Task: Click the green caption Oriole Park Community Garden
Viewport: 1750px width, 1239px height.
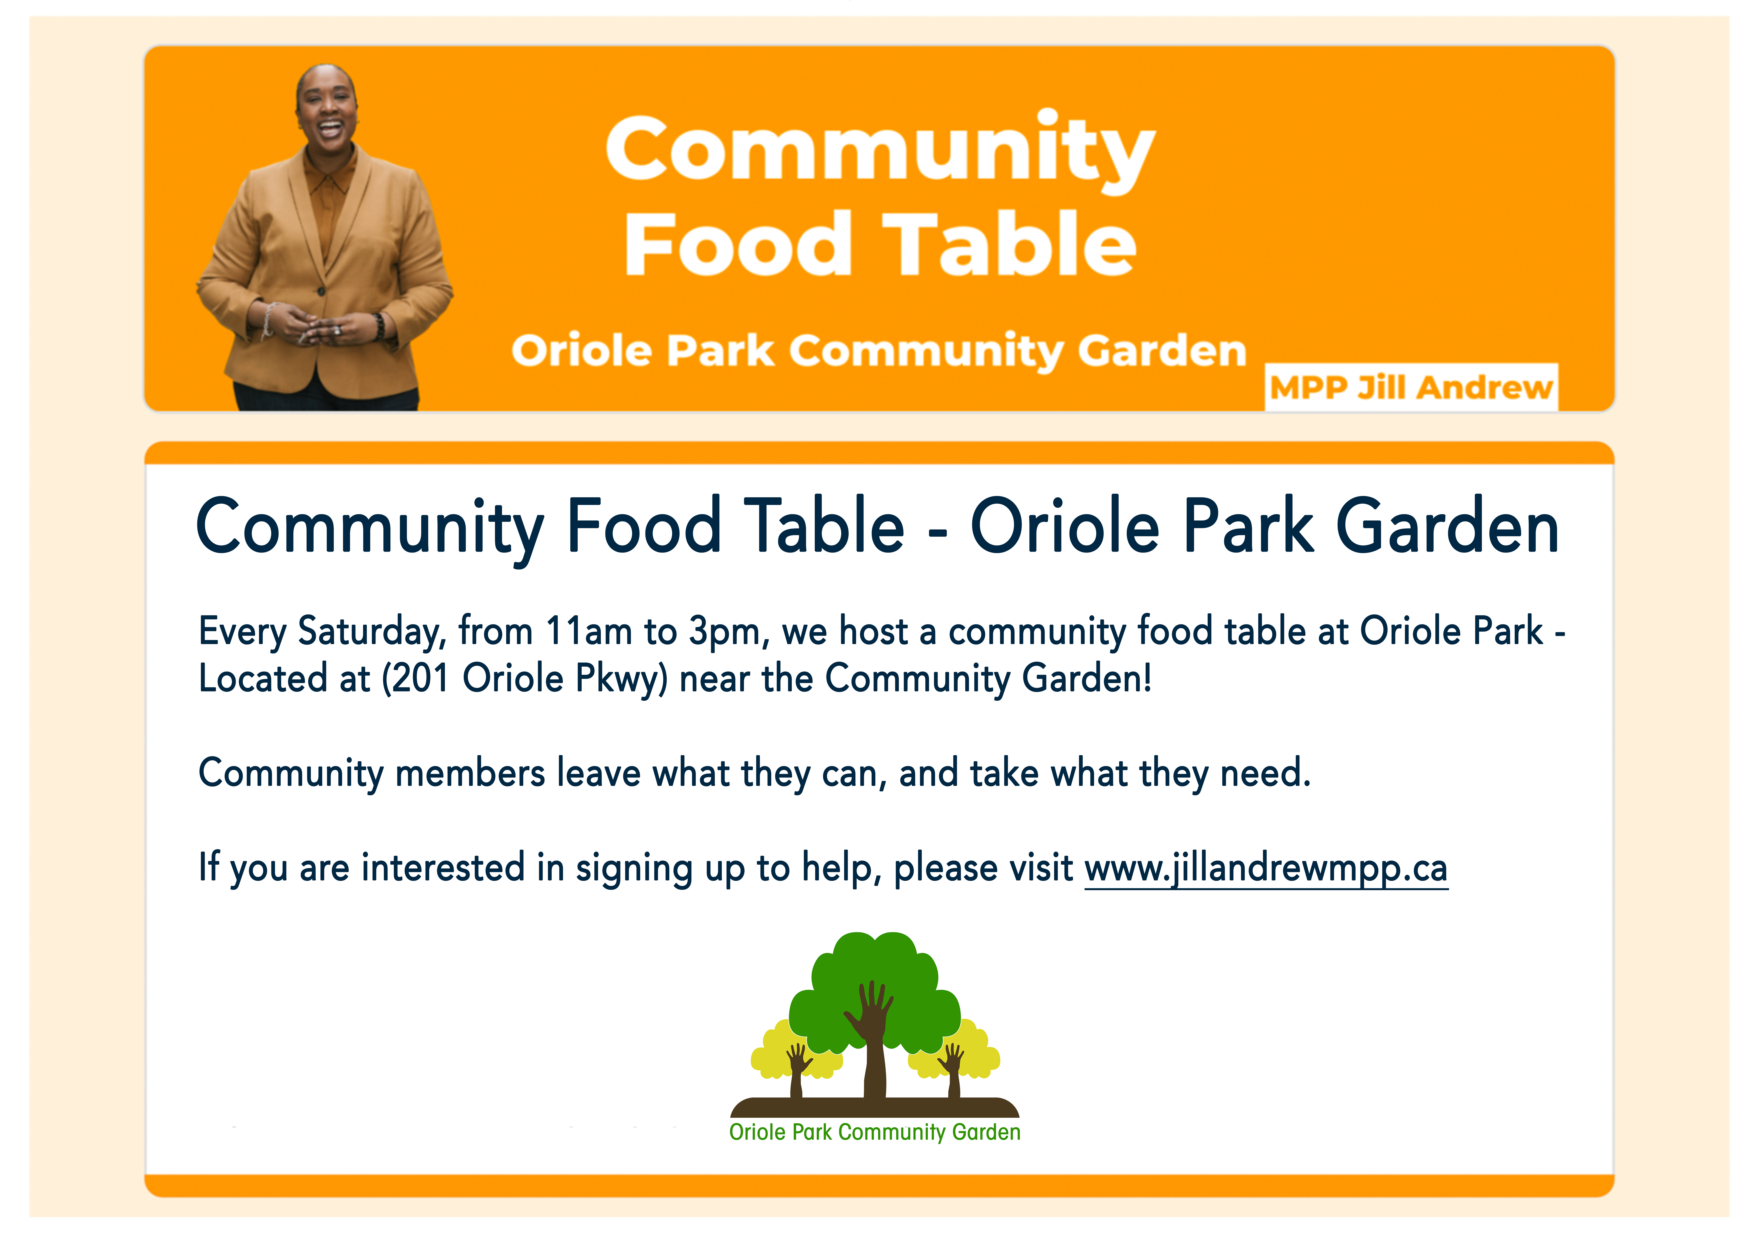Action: (875, 1132)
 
